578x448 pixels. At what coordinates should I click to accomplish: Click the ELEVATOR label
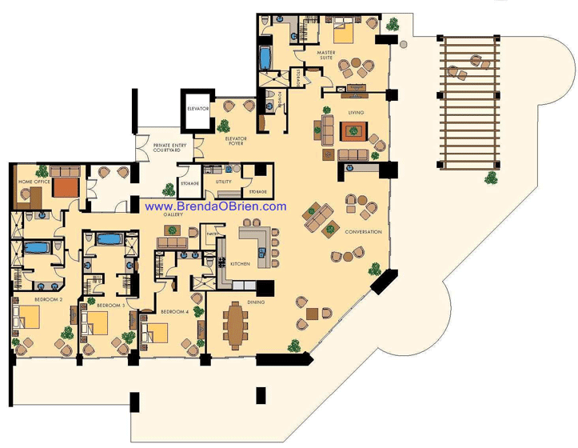coord(197,108)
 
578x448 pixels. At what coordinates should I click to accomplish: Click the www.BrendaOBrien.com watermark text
coord(215,206)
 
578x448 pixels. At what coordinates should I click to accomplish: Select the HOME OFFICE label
coord(34,182)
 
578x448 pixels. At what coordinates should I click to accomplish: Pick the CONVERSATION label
coord(363,232)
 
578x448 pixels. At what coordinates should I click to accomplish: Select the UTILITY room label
coord(223,182)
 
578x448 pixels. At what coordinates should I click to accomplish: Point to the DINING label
coord(256,302)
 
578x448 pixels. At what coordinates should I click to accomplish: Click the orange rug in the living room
coord(353,130)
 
